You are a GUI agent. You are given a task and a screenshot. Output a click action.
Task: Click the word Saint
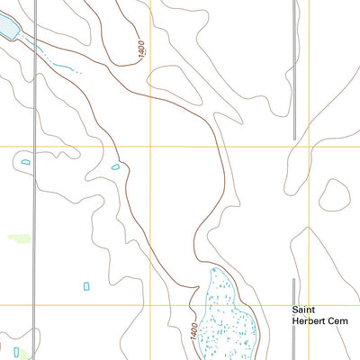[302, 309]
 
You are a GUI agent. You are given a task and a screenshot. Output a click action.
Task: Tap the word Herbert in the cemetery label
[309, 319]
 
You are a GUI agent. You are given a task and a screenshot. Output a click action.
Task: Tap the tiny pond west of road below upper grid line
[25, 162]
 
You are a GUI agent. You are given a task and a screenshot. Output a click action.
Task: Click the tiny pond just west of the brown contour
[114, 166]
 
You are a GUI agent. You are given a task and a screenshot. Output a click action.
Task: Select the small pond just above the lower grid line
[86, 286]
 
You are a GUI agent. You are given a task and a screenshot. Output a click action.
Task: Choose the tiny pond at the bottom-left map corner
[16, 352]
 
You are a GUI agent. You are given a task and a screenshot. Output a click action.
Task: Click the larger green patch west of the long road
[19, 238]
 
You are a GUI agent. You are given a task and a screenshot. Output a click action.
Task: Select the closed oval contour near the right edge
[336, 193]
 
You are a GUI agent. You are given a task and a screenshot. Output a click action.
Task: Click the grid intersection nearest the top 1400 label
[149, 147]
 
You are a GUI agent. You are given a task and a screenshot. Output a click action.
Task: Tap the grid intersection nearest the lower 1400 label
[149, 305]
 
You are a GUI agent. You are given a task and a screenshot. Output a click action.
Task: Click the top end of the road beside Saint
[294, 279]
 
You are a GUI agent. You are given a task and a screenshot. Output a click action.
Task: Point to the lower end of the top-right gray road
[294, 138]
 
